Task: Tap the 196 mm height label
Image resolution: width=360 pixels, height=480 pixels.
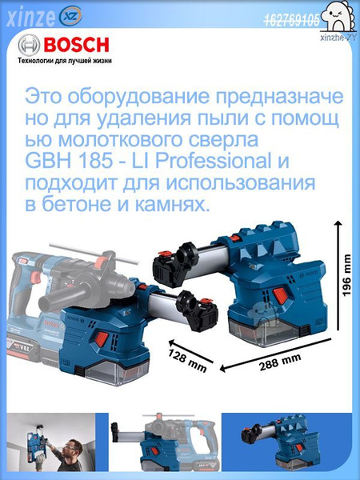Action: pos(346,276)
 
